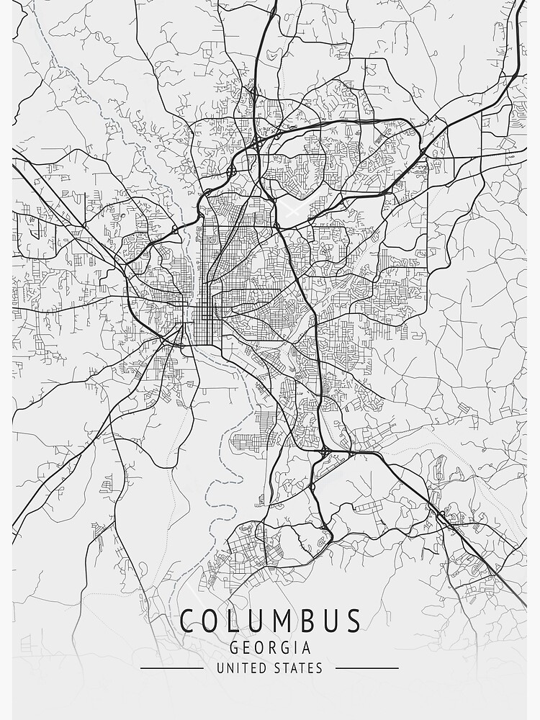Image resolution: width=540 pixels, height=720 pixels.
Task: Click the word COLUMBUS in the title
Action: (x=270, y=621)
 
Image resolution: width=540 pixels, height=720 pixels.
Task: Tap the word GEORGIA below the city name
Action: (x=270, y=647)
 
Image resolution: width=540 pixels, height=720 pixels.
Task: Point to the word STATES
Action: (x=298, y=668)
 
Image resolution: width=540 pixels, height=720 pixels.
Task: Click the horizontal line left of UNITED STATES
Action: (x=171, y=668)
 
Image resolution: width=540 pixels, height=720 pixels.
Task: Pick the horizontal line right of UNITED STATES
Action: (x=367, y=668)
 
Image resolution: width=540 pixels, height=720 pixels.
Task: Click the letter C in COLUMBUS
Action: (x=188, y=621)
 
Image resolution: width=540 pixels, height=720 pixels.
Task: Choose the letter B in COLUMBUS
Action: (x=303, y=621)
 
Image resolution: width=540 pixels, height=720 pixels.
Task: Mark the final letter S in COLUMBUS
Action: (x=352, y=621)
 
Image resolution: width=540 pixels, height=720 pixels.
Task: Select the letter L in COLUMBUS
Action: (x=228, y=621)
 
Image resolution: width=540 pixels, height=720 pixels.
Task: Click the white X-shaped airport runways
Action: (x=293, y=210)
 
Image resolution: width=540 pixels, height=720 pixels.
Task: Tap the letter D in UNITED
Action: (x=258, y=668)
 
